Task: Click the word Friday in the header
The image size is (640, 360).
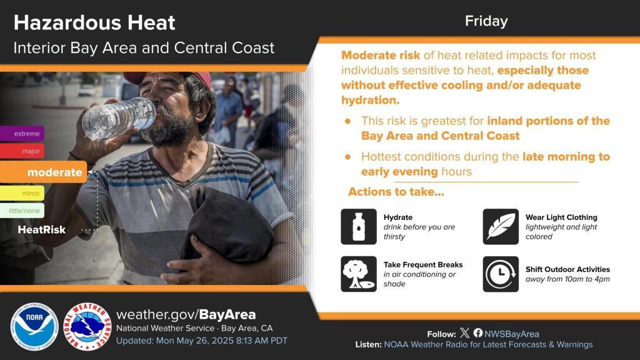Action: pos(486,21)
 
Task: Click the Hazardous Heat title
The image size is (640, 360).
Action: pos(94,23)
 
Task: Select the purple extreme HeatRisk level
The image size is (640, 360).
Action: pos(22,134)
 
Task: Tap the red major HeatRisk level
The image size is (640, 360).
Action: pos(22,151)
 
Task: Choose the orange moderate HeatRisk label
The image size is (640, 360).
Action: pos(44,172)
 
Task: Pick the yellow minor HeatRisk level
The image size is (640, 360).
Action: pos(22,193)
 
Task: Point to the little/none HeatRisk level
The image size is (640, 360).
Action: pos(22,211)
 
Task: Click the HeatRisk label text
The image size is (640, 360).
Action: pos(42,230)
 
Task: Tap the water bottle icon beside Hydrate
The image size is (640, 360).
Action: pos(359,226)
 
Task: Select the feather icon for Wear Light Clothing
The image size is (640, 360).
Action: pos(501,226)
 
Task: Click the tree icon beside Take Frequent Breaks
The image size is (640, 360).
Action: pos(359,274)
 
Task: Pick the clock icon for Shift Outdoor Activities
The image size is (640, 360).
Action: pos(501,274)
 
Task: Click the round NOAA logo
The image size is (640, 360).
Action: pos(34,326)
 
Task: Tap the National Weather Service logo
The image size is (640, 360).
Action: pos(87,326)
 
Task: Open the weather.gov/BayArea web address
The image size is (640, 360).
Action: pos(186,315)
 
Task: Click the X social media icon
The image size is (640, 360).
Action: pos(464,333)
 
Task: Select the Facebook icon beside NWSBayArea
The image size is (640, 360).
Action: pos(478,333)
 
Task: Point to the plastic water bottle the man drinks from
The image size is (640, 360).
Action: pos(119,118)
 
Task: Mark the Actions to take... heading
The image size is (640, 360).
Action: pos(396,192)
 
